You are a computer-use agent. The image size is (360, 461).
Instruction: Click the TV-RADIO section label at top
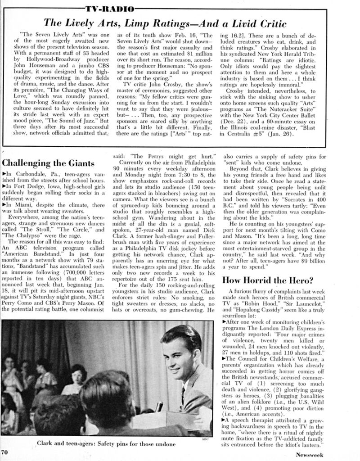[109, 9]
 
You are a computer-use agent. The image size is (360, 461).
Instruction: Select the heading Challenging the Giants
[48, 163]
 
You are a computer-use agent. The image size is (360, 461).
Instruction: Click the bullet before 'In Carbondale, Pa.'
[4, 173]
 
